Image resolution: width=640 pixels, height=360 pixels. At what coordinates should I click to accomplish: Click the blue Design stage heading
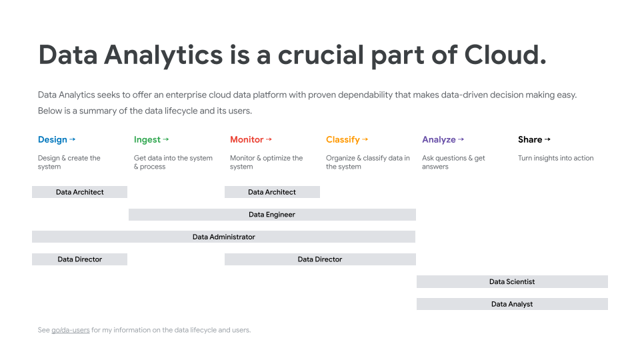52,139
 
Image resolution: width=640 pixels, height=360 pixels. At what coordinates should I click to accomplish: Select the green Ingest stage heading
147,139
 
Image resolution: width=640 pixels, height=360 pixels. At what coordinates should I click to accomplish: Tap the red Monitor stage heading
247,139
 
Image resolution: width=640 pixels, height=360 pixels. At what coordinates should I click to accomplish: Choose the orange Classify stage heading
343,139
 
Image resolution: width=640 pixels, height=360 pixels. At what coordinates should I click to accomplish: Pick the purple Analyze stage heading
439,139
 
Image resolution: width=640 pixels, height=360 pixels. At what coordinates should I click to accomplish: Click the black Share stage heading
530,139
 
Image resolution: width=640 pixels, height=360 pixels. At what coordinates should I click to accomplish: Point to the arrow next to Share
547,139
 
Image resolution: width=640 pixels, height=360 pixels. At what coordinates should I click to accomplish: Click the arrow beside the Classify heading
365,139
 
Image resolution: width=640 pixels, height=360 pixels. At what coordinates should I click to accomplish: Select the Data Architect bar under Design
79,192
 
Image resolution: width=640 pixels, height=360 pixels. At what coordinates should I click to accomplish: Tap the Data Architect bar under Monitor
272,192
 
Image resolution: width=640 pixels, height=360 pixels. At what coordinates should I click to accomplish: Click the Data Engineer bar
272,214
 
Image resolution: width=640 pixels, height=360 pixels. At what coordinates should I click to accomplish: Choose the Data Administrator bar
224,237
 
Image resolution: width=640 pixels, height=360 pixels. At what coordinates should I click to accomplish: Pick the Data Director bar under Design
79,259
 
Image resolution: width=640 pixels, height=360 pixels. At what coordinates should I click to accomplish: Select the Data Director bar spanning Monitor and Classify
320,259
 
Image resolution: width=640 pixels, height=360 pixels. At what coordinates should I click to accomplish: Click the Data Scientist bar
512,281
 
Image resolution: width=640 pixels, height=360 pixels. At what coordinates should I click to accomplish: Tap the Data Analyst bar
512,304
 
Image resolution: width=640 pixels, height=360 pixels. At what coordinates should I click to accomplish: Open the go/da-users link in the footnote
70,330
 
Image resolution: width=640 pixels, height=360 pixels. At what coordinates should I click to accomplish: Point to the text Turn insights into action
555,158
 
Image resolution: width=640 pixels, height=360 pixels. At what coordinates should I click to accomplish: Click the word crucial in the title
321,55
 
